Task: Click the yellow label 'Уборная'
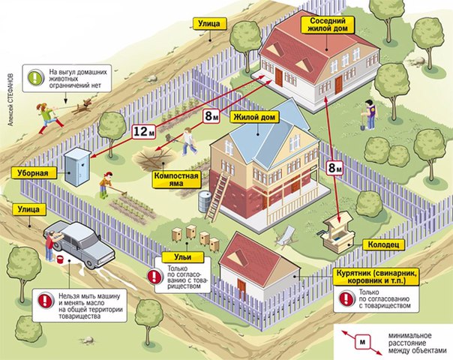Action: pyautogui.click(x=34, y=173)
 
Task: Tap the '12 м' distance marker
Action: pyautogui.click(x=144, y=132)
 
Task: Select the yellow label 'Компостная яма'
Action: pyautogui.click(x=176, y=179)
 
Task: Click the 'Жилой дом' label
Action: pyautogui.click(x=254, y=118)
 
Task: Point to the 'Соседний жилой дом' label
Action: pyautogui.click(x=328, y=25)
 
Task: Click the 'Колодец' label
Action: pyautogui.click(x=383, y=244)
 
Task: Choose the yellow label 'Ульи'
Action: pyautogui.click(x=182, y=256)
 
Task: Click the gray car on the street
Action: pyautogui.click(x=79, y=243)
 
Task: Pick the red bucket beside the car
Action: pyautogui.click(x=60, y=259)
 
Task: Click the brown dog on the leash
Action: pyautogui.click(x=82, y=106)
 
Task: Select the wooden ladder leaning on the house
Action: pyautogui.click(x=217, y=197)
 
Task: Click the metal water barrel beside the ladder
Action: pyautogui.click(x=204, y=200)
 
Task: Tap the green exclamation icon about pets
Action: pyautogui.click(x=36, y=78)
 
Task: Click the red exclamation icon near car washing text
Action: pyautogui.click(x=46, y=300)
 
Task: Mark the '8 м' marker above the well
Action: pyautogui.click(x=334, y=167)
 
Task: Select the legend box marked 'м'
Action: pyautogui.click(x=362, y=342)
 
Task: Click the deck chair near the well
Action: pyautogui.click(x=286, y=236)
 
